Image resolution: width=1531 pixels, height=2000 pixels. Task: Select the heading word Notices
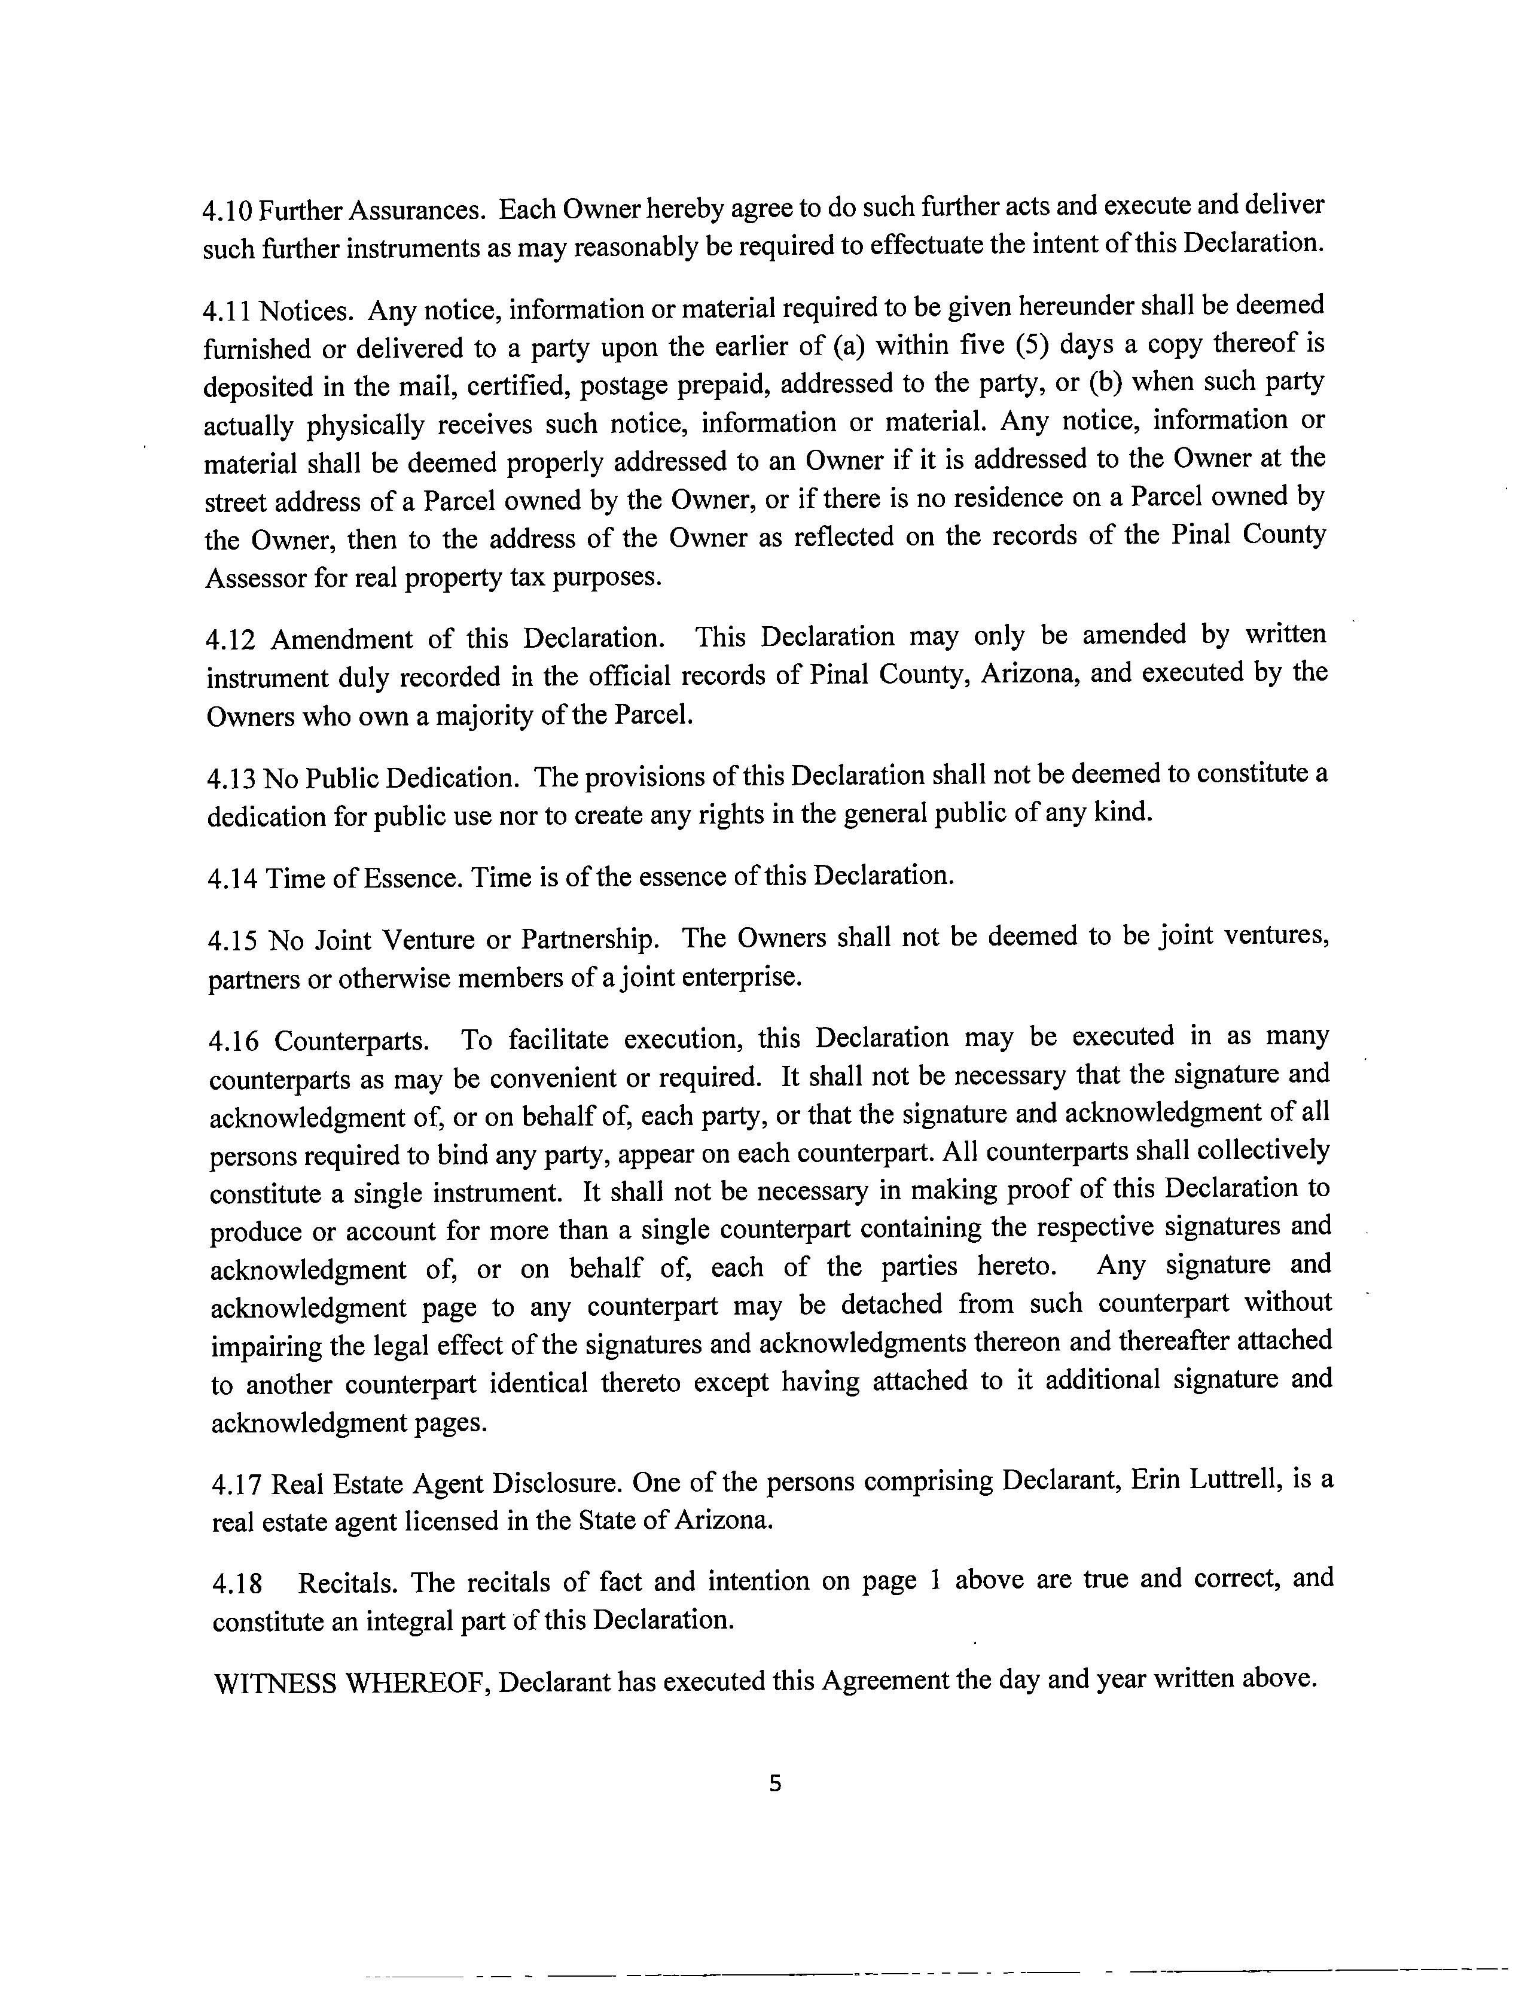(x=305, y=312)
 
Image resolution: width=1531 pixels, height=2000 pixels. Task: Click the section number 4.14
(x=233, y=879)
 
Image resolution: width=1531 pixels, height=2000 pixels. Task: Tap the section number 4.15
(x=233, y=940)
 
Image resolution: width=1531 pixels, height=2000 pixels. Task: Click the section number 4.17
(x=237, y=1485)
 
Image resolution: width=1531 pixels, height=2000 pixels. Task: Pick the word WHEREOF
(x=418, y=1683)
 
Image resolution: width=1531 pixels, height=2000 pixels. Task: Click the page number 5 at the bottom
(x=774, y=1783)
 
